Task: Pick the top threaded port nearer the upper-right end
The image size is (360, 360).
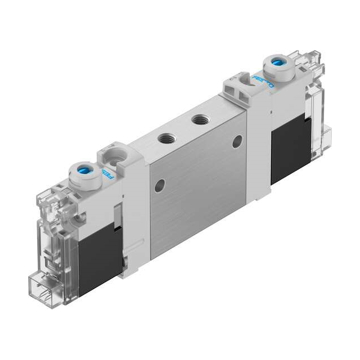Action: coord(198,119)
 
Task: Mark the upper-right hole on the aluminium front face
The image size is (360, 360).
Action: coord(237,141)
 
